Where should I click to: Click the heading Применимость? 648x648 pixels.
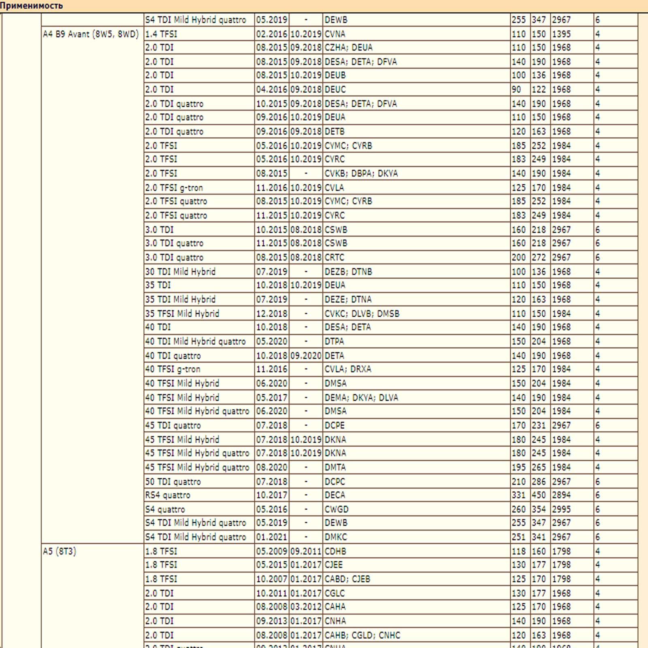pos(32,6)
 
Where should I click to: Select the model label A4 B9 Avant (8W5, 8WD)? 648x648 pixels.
pos(91,34)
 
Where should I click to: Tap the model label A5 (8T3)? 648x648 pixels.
pos(60,551)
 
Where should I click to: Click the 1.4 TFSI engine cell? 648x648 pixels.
pos(161,34)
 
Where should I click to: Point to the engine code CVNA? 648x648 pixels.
pos(335,34)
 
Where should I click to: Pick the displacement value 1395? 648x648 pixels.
pos(561,34)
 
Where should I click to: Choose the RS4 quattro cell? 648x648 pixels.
pos(168,495)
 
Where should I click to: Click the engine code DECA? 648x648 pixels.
pos(335,495)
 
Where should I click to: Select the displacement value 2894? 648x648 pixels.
pos(561,495)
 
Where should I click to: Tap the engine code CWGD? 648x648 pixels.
pos(337,509)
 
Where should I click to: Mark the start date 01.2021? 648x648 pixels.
pos(271,537)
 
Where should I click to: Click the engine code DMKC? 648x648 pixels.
pos(336,537)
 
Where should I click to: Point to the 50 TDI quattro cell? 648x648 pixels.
pos(173,482)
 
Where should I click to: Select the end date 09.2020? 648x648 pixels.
pos(306,356)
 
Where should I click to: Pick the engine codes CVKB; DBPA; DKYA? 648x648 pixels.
pos(361,173)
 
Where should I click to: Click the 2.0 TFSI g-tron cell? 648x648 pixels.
pos(174,188)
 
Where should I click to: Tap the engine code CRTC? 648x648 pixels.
pos(335,257)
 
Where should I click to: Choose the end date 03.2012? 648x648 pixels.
pos(306,607)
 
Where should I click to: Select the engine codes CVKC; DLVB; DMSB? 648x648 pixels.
pos(362,313)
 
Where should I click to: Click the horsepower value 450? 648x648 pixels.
pos(539,495)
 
